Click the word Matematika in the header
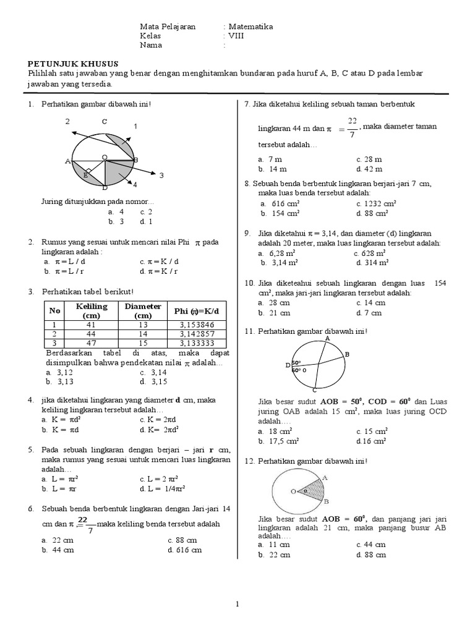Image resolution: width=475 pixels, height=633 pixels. pyautogui.click(x=250, y=27)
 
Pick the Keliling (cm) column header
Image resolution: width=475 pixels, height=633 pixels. pyautogui.click(x=91, y=311)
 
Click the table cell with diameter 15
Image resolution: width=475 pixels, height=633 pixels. pyautogui.click(x=143, y=343)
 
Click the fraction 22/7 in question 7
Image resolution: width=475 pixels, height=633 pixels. pyautogui.click(x=352, y=127)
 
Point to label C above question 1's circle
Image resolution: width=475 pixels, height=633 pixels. pyautogui.click(x=105, y=121)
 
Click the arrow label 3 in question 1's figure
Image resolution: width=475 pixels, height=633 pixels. pyautogui.click(x=161, y=176)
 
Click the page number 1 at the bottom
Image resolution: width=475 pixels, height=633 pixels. pyautogui.click(x=237, y=605)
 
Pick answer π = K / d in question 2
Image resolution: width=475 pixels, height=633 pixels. pyautogui.click(x=157, y=261)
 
